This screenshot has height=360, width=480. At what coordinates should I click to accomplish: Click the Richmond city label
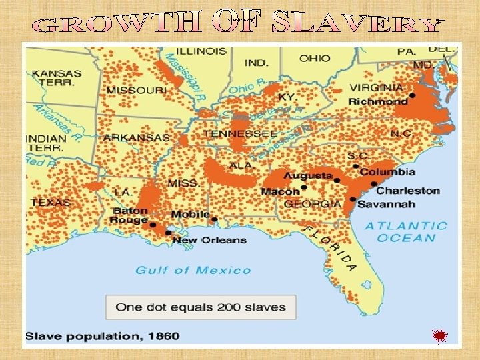pyautogui.click(x=378, y=102)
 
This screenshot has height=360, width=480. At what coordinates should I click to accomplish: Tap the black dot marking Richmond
pyautogui.click(x=413, y=96)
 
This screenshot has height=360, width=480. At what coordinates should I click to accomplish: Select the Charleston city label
pyautogui.click(x=409, y=191)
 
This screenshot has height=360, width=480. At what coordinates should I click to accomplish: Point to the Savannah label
pyautogui.click(x=387, y=204)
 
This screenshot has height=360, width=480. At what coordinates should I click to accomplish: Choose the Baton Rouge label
pyautogui.click(x=129, y=215)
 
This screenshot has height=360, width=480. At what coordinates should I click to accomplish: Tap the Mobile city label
pyautogui.click(x=190, y=215)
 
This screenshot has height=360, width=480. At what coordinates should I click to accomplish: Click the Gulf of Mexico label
pyautogui.click(x=193, y=270)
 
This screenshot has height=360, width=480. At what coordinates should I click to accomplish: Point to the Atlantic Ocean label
pyautogui.click(x=406, y=232)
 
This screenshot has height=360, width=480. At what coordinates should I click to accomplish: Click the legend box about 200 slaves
pyautogui.click(x=200, y=307)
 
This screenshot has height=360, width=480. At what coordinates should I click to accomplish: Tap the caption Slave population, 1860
pyautogui.click(x=103, y=335)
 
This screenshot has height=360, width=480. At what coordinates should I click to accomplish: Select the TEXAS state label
pyautogui.click(x=49, y=202)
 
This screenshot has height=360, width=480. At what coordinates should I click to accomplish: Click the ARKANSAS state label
pyautogui.click(x=137, y=137)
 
